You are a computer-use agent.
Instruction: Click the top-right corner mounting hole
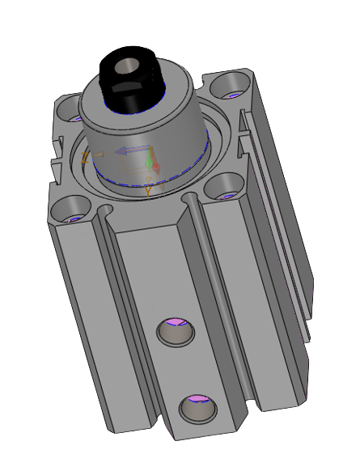232,83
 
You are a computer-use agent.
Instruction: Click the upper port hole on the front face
175,332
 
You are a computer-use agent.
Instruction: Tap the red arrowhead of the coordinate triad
157,168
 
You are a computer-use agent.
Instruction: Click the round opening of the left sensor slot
103,212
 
